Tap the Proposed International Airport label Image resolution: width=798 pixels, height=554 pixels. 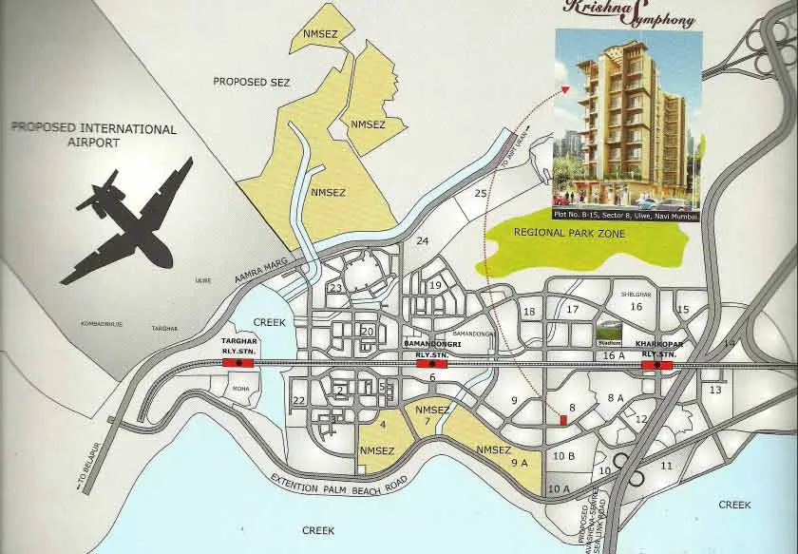[93, 135]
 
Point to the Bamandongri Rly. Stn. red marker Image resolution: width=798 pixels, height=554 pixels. [432, 363]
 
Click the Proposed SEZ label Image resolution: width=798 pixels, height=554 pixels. [247, 82]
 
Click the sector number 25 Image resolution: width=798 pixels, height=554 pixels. [480, 194]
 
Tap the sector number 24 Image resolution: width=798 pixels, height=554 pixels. [423, 241]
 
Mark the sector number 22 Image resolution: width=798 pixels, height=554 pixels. [299, 401]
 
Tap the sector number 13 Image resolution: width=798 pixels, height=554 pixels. [715, 390]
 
